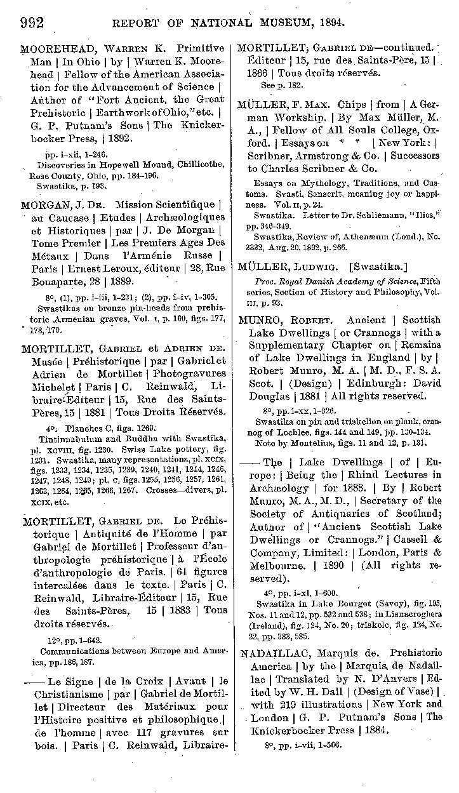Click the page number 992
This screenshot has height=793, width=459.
(x=32, y=23)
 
